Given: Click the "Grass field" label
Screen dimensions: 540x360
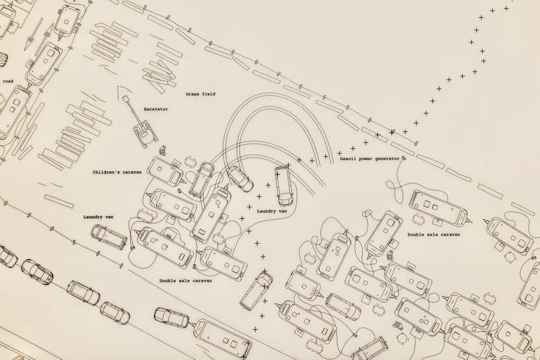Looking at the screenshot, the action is [201, 94].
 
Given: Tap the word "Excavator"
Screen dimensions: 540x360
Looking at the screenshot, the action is [156, 109].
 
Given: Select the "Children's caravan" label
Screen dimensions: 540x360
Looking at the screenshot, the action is [117, 172].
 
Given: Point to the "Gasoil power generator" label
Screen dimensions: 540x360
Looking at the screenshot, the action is [370, 159].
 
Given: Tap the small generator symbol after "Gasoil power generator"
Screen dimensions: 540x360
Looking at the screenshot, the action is [404, 158].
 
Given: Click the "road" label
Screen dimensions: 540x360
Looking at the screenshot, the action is [8, 81].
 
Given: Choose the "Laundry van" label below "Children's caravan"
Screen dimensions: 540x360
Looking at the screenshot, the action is [98, 217].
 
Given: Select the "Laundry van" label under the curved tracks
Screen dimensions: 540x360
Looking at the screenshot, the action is [272, 211].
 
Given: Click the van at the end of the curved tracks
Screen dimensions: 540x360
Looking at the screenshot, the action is [283, 186].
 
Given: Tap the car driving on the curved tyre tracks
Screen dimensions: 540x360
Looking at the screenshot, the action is [241, 179].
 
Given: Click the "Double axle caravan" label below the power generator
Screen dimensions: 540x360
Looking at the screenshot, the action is [434, 235].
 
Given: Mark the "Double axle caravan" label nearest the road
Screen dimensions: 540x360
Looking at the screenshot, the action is [185, 281].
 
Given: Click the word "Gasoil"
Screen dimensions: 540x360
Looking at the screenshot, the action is [348, 159].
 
